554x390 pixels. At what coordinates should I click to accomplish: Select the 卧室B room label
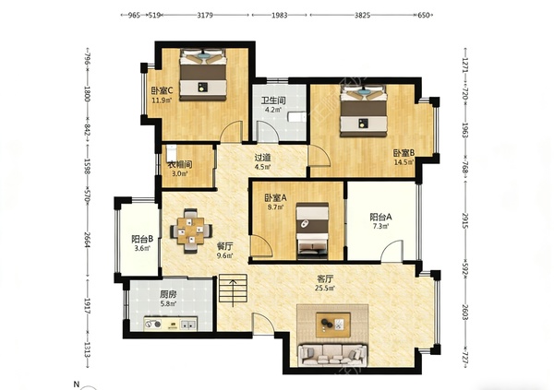tap(403, 153)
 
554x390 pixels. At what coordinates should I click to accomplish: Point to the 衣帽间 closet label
tap(179, 165)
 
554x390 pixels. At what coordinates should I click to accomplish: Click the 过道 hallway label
tap(263, 157)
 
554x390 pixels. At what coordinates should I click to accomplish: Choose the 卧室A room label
tap(274, 197)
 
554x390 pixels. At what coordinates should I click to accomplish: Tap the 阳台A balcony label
tap(381, 218)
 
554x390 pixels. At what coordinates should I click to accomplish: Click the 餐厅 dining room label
tap(224, 246)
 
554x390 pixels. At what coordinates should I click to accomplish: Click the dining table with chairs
tap(191, 230)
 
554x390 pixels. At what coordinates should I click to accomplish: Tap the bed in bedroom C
tap(203, 77)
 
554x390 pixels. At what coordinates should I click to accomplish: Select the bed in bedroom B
tap(363, 110)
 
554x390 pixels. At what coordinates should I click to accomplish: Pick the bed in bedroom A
tap(309, 230)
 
